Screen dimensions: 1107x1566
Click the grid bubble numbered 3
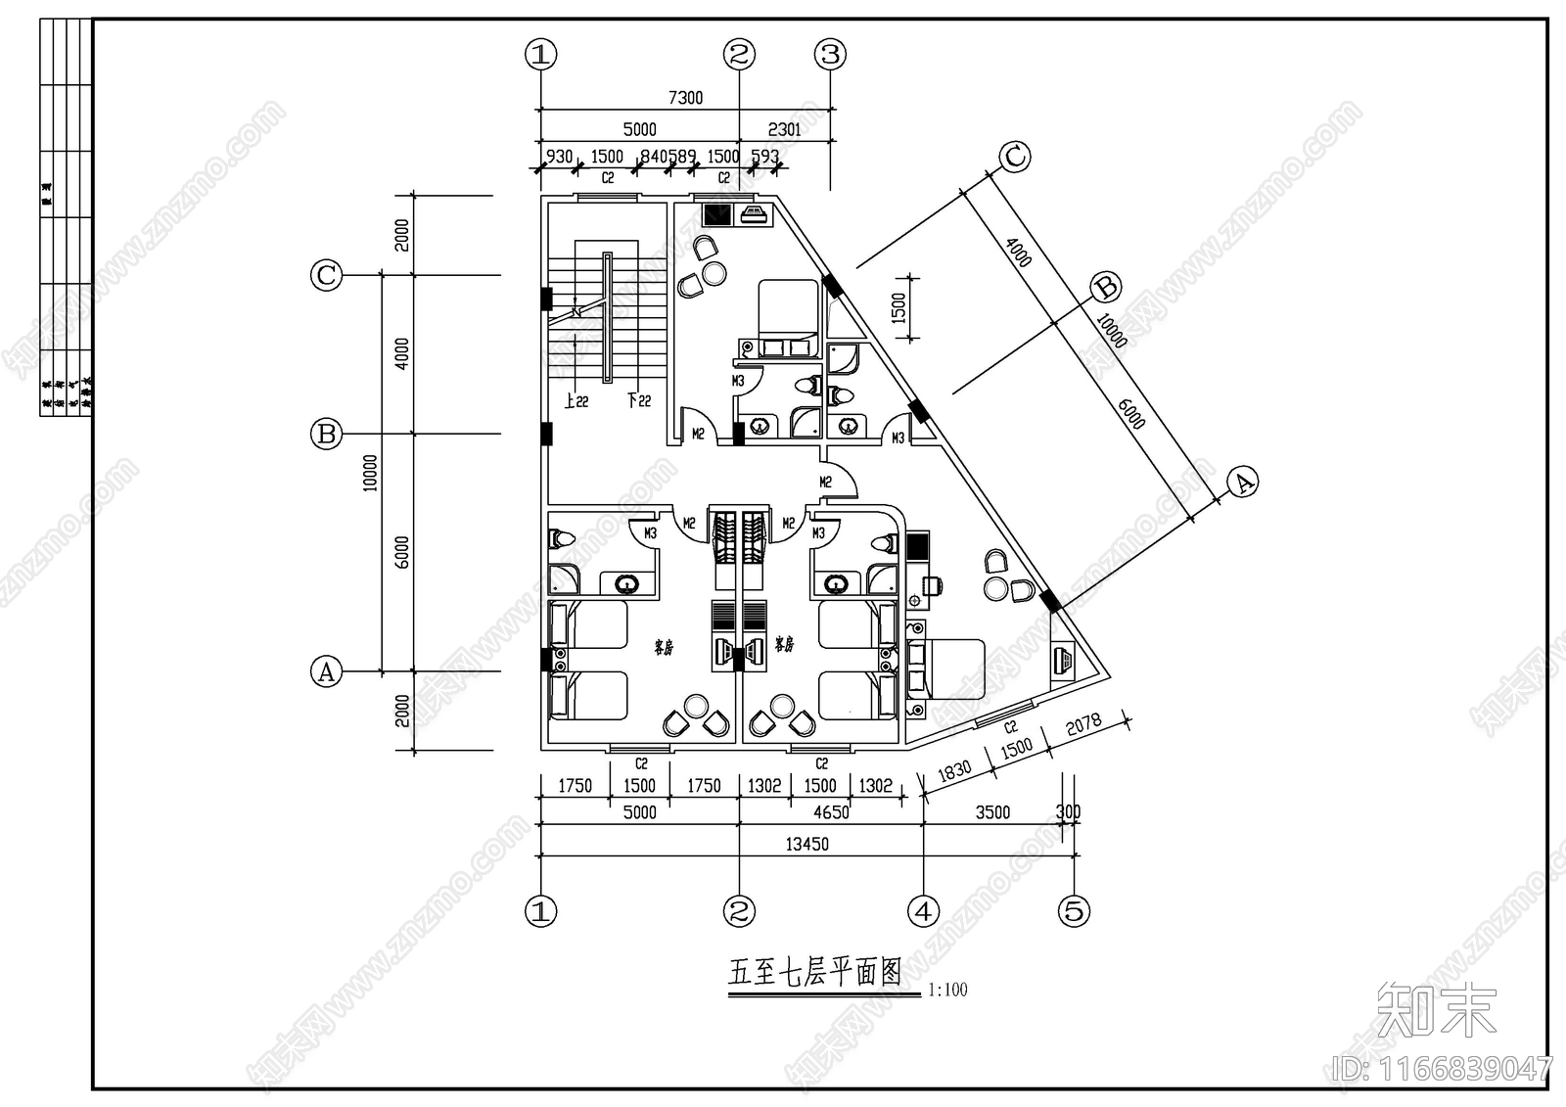click(x=831, y=55)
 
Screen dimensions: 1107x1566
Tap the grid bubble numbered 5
click(x=1074, y=911)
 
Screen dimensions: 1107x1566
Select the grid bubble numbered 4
click(x=923, y=911)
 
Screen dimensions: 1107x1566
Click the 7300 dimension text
click(x=685, y=98)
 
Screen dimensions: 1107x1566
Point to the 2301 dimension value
click(x=784, y=129)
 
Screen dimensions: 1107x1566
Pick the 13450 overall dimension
click(x=806, y=844)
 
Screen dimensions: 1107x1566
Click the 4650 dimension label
click(x=831, y=812)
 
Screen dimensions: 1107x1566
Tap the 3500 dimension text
click(x=992, y=812)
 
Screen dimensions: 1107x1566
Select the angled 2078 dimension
click(x=1083, y=725)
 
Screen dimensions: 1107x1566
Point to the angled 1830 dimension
click(x=954, y=769)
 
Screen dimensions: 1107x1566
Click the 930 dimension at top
click(x=559, y=157)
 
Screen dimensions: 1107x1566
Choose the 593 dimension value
click(x=764, y=157)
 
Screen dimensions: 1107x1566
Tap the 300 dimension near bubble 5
click(x=1069, y=812)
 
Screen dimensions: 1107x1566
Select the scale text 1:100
click(x=946, y=990)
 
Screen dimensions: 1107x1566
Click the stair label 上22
click(x=576, y=401)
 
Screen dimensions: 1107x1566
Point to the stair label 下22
click(x=638, y=401)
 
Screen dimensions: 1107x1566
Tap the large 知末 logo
click(x=1437, y=1010)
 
